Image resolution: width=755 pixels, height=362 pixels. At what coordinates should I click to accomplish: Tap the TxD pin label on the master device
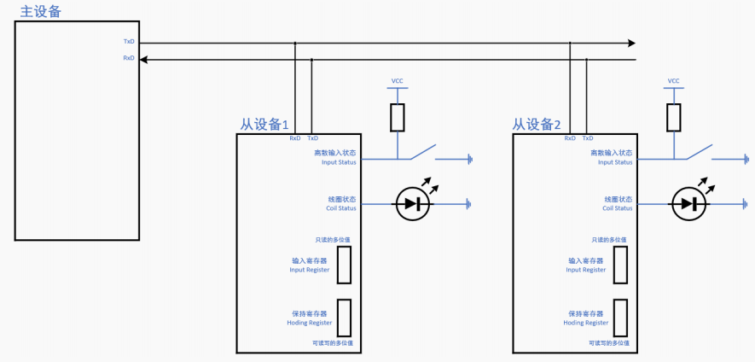tap(129, 42)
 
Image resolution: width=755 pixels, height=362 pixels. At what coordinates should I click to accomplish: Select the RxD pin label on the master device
tap(129, 58)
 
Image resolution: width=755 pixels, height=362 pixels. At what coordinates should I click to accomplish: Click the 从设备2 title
tap(537, 125)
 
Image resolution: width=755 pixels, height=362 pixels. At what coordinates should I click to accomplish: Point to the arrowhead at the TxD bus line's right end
tap(630, 43)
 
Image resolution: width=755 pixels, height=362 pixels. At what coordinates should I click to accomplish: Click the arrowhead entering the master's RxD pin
tap(144, 59)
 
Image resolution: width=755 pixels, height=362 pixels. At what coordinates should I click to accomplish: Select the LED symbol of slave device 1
tap(413, 204)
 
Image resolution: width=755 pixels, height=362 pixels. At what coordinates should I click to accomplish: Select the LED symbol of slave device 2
tap(689, 204)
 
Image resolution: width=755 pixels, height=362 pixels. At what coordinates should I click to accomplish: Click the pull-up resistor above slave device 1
tap(397, 118)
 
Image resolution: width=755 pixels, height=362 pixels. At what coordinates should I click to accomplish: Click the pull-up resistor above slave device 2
tap(673, 118)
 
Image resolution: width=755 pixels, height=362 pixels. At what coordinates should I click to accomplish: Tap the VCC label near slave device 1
tap(397, 81)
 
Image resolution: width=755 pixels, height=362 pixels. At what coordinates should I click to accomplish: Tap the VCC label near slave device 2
tap(673, 81)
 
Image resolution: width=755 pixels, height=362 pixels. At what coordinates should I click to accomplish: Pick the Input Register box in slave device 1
tap(344, 265)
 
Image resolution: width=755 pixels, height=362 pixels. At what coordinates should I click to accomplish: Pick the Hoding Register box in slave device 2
tap(621, 318)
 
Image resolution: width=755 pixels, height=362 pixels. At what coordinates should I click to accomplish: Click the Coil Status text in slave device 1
tap(336, 207)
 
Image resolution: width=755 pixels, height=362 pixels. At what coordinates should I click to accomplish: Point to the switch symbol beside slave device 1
tap(423, 153)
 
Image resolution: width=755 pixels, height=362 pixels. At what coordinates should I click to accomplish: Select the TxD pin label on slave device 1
tap(312, 137)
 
